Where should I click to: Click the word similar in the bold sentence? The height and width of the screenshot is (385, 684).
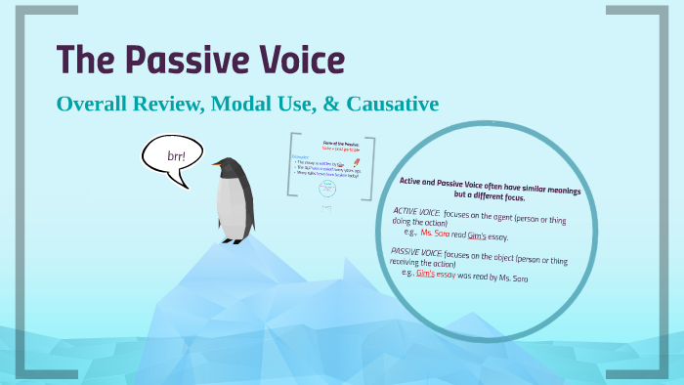(507, 187)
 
